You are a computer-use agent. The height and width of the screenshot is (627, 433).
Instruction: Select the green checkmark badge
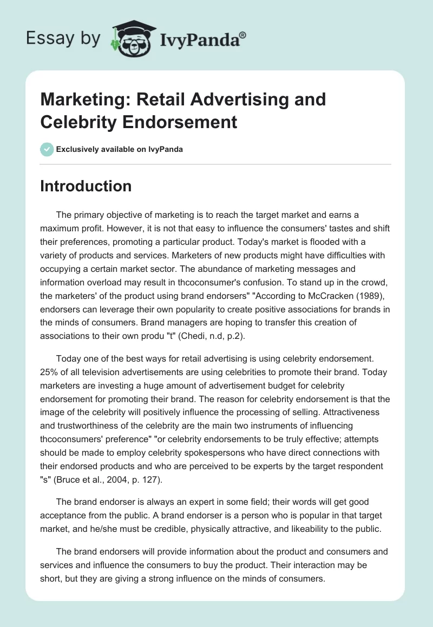[47, 149]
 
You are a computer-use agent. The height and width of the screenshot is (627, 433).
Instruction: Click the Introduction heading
[86, 186]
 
